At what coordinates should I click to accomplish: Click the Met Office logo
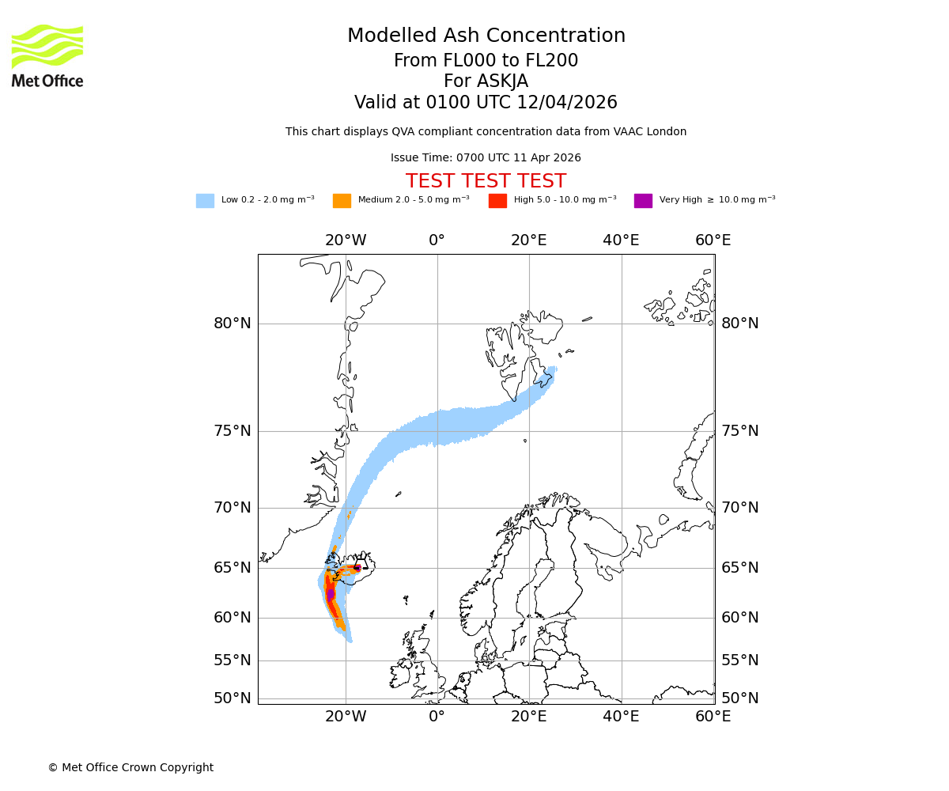[47, 55]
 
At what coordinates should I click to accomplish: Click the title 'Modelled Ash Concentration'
[486, 36]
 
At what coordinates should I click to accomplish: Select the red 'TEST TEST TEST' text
[486, 182]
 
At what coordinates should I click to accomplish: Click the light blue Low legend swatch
[205, 201]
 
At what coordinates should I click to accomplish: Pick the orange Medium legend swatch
[342, 201]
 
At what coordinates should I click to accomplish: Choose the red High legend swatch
[497, 201]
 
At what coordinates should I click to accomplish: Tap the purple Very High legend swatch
[643, 201]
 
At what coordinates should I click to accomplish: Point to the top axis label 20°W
[346, 240]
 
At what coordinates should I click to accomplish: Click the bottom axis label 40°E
[621, 717]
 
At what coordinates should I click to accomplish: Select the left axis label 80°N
[233, 324]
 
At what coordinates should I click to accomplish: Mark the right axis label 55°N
[739, 660]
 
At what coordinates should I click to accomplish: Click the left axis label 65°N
[233, 568]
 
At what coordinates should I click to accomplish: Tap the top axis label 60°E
[713, 240]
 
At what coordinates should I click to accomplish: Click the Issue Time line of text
[486, 158]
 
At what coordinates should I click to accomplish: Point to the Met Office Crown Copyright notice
[130, 768]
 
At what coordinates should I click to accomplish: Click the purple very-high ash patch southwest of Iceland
[330, 594]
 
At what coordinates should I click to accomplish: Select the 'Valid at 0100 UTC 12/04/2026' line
[486, 103]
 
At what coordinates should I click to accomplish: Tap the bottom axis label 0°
[437, 717]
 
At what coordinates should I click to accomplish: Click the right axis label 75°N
[739, 431]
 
